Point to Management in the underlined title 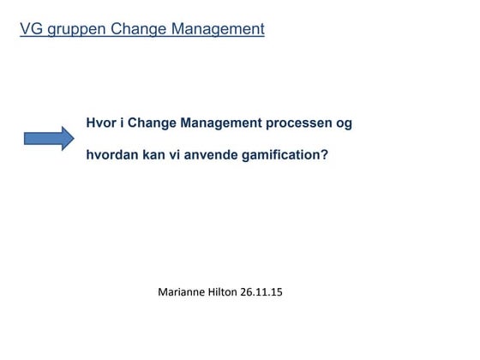tap(217, 29)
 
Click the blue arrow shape tap(49, 138)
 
